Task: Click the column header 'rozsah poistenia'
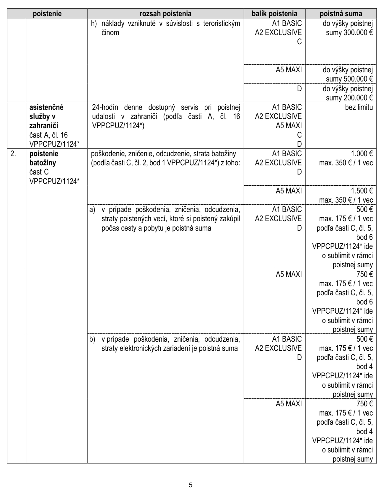pos(165,14)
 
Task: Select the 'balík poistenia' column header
pos(274,14)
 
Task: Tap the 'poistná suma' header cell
pos(341,14)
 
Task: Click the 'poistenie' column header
pos(47,14)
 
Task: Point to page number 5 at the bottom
pos(190,485)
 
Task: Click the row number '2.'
pos(13,154)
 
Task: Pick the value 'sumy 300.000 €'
pos(349,33)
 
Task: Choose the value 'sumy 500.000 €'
pos(349,79)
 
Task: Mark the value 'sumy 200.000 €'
pos(349,98)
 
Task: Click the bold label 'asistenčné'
pos(46,107)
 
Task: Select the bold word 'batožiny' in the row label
pos(43,163)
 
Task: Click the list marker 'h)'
pos(94,24)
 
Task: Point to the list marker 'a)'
pos(92,210)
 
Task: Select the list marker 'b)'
pos(92,339)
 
